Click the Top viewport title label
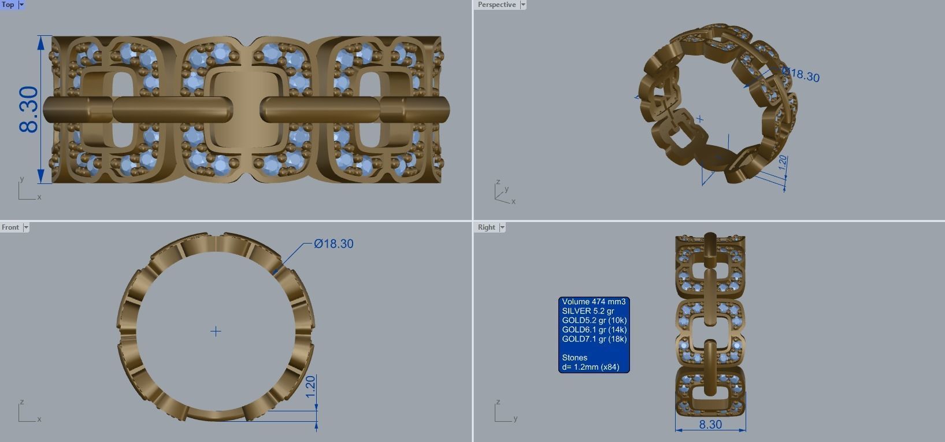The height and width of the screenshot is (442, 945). [8, 5]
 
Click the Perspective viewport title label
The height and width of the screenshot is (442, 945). [496, 5]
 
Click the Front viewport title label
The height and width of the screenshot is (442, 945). [10, 227]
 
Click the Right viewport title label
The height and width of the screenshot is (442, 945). [486, 227]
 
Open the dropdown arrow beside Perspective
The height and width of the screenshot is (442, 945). [523, 5]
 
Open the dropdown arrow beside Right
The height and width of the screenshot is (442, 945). [502, 227]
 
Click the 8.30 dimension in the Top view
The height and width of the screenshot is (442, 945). [29, 109]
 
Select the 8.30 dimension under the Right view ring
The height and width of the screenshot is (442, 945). [710, 424]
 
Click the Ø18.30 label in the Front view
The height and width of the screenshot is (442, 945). [333, 244]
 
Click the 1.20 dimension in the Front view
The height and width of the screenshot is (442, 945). [310, 386]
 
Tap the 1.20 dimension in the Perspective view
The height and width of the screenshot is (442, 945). [783, 163]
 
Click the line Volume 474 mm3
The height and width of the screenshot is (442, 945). [594, 301]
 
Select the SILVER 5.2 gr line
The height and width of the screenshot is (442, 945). [588, 311]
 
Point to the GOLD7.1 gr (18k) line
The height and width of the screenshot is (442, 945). [594, 339]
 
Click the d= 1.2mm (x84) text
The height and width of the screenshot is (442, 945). [590, 367]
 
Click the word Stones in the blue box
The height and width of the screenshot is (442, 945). [575, 358]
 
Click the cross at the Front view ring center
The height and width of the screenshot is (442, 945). [216, 331]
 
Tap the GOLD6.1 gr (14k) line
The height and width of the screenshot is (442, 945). [594, 330]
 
